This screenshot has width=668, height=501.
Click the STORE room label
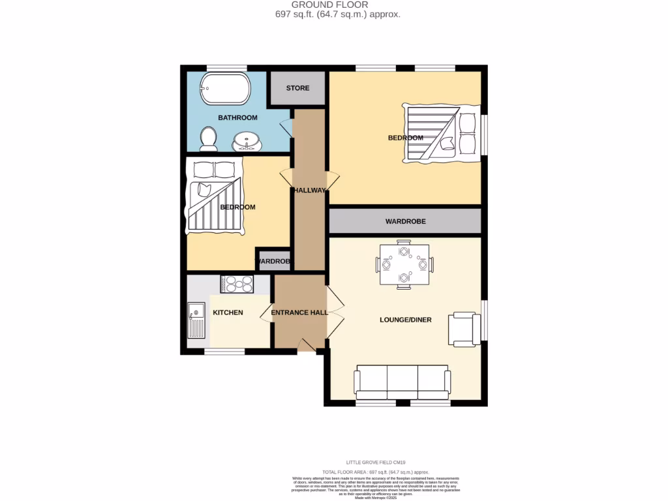[x=297, y=88]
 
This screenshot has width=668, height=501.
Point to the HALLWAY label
[x=309, y=190]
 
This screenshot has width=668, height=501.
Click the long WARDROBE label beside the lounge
[x=405, y=222]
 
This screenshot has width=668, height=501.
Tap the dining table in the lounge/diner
[x=404, y=265]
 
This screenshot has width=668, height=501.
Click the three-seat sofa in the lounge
[x=402, y=383]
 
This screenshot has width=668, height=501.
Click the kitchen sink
[x=196, y=320]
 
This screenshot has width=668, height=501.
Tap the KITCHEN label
[x=228, y=312]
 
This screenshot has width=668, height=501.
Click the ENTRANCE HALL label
[x=299, y=312]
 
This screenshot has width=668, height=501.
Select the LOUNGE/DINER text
[x=406, y=320]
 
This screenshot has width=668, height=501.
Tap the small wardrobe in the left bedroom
[x=273, y=261]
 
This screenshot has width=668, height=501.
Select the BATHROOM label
[x=237, y=117]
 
